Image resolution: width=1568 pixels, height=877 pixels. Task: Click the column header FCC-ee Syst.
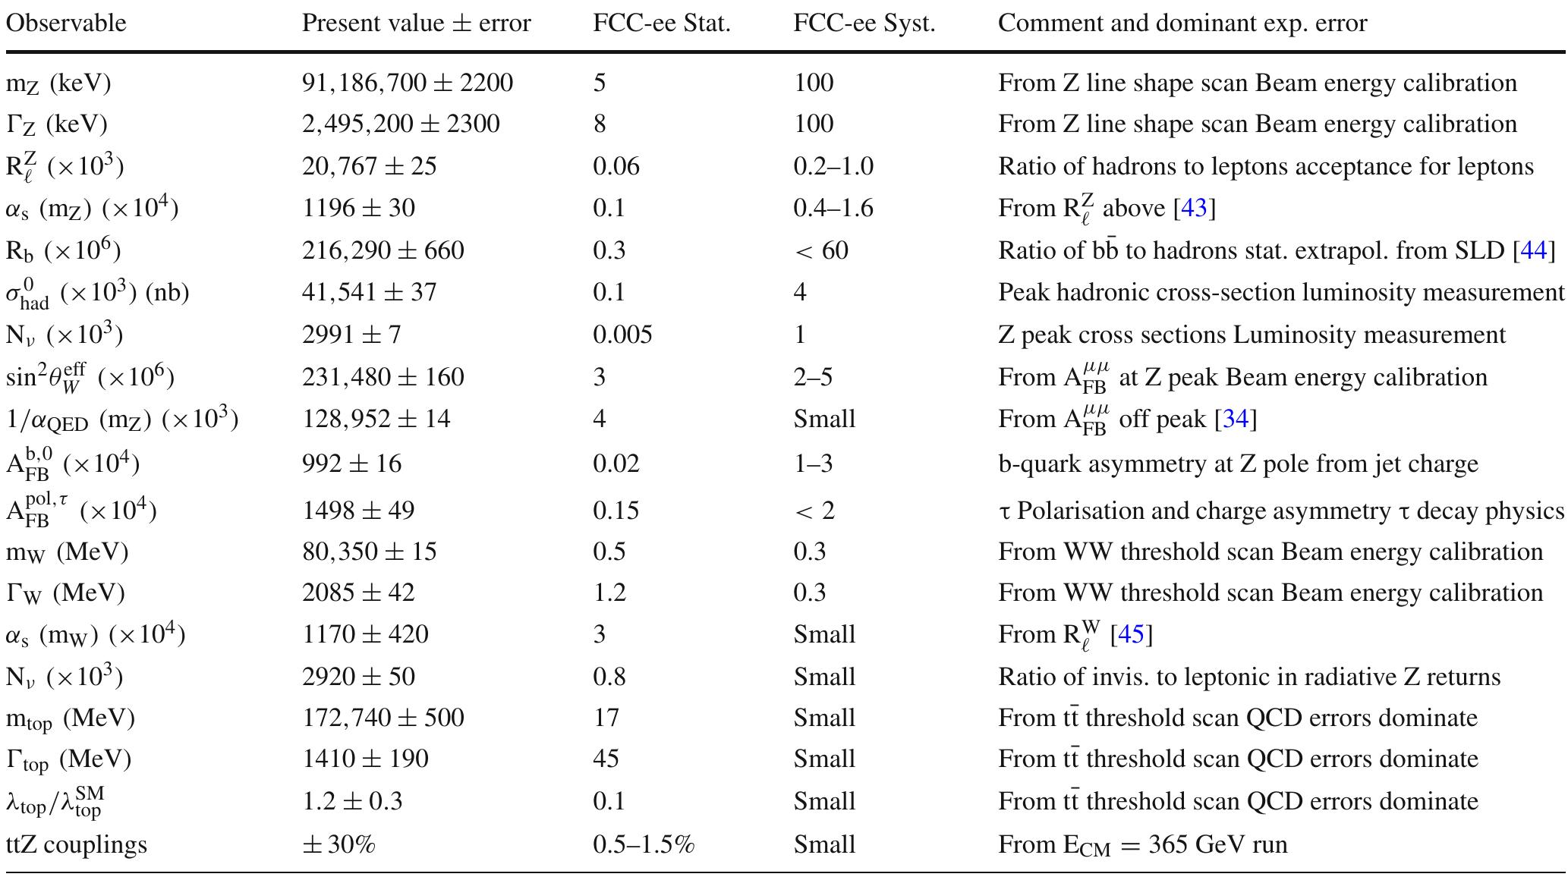864,24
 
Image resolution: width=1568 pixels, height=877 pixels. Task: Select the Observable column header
66,24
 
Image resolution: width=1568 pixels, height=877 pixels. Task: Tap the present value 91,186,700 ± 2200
408,83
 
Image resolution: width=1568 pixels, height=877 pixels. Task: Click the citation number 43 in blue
1194,208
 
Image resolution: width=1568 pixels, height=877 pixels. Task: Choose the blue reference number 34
1235,419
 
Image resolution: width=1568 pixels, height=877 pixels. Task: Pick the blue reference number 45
1131,634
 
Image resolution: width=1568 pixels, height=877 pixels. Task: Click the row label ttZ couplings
77,844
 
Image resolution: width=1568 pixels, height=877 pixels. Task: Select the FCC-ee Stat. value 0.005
622,335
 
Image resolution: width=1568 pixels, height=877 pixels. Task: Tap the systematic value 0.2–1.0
833,166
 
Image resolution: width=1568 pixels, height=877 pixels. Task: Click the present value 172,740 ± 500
383,718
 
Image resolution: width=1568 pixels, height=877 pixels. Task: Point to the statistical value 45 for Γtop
606,759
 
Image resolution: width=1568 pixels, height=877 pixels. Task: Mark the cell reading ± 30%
338,844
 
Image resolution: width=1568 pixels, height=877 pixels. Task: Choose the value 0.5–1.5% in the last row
644,844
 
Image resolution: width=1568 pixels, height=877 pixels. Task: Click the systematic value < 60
820,250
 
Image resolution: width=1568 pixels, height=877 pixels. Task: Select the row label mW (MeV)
68,552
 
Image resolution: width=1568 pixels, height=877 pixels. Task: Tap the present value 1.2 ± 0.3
352,801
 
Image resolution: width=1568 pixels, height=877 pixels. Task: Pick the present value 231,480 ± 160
383,377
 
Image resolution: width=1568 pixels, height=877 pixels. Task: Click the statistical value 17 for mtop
606,718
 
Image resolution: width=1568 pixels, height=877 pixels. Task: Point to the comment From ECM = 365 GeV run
1142,844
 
